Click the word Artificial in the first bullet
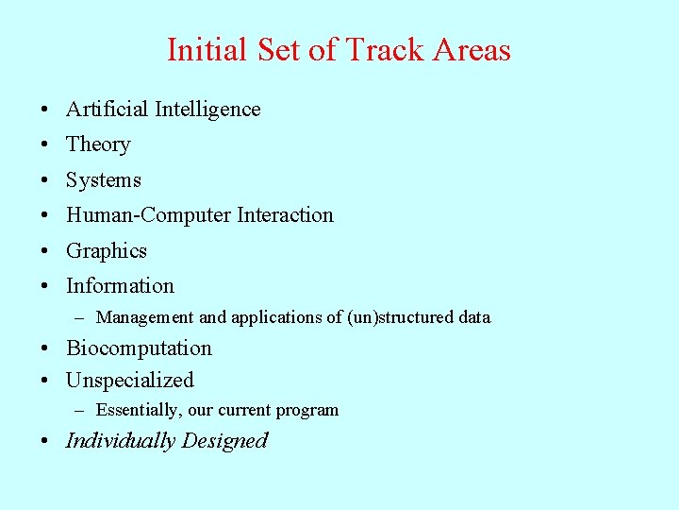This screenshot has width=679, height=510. coord(108,110)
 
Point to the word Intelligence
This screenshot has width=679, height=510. coord(207,110)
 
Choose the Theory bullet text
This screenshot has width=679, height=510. coord(98,144)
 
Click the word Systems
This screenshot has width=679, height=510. coord(104,180)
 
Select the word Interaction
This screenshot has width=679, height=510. coord(286,215)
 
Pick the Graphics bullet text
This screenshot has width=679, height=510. coord(107,251)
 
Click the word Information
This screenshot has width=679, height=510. coord(120,286)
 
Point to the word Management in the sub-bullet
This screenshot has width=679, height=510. coord(145,317)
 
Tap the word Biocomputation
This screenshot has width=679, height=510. coord(139,348)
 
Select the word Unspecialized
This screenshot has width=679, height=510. coord(129,381)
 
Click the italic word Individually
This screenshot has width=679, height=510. coord(121,441)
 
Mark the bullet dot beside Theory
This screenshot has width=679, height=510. coord(45,145)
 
